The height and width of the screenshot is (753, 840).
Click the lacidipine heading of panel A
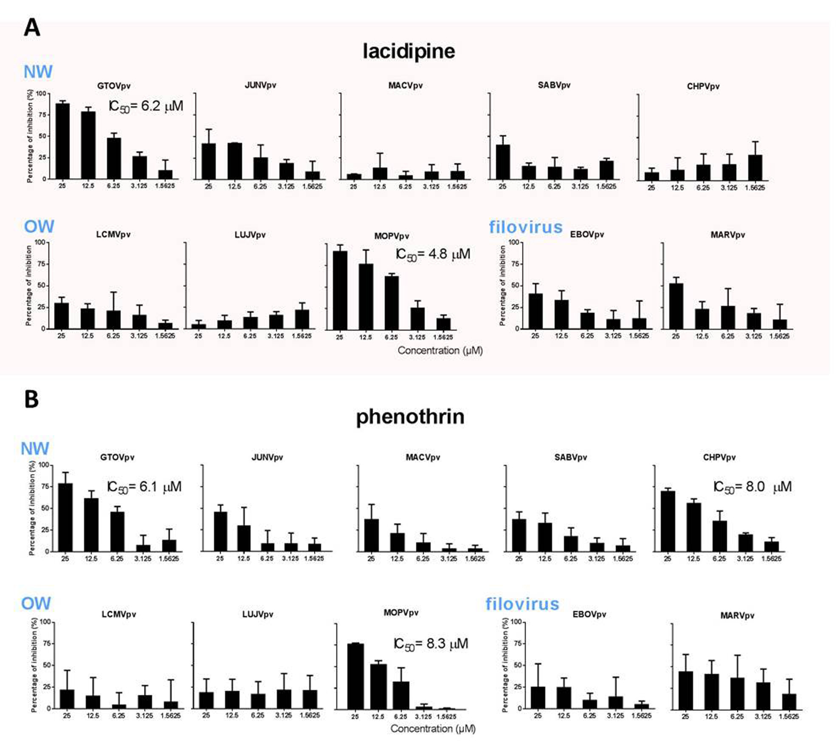click(409, 51)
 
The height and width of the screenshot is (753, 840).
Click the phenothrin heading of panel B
click(410, 417)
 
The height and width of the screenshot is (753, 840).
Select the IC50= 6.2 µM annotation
click(146, 106)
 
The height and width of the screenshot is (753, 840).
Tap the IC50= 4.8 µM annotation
click(433, 254)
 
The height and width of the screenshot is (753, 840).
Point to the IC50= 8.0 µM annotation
click(752, 487)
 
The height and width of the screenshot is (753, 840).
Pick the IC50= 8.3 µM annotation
click(431, 644)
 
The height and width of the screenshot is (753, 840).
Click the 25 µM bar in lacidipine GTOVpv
click(62, 141)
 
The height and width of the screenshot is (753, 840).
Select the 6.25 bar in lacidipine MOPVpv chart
click(391, 303)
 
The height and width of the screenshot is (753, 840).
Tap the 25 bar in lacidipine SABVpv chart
click(503, 161)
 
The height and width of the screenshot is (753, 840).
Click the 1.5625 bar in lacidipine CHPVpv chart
click(755, 167)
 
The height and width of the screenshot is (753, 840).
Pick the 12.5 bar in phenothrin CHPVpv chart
click(693, 527)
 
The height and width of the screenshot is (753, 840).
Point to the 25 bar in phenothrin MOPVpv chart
click(355, 676)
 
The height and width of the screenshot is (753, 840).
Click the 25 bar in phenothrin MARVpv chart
click(685, 690)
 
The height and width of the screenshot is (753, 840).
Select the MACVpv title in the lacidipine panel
click(405, 86)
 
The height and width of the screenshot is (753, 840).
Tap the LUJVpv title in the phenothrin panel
click(257, 614)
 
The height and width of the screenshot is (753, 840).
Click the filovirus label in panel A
click(525, 227)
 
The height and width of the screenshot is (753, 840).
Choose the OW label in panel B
click(36, 603)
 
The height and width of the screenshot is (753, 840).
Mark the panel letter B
click(31, 399)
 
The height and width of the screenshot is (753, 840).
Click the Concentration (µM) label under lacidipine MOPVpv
click(440, 351)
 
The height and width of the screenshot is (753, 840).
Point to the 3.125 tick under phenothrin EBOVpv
click(615, 716)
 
